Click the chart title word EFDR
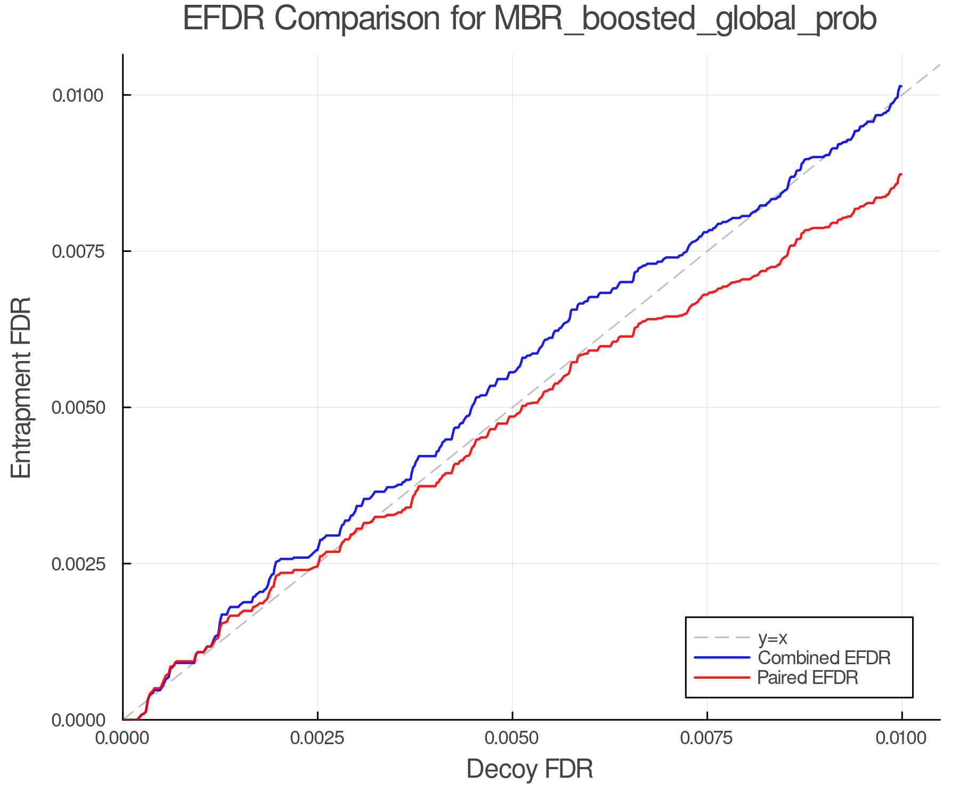223,20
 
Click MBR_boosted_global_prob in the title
685,20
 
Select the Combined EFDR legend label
824,658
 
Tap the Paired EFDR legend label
808,678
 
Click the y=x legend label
773,638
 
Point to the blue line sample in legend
722,658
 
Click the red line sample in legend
722,678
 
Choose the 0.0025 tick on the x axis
318,738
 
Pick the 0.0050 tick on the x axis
512,738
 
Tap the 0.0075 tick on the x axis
707,738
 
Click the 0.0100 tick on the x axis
901,738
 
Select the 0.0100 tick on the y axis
77,96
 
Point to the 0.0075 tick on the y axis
77,251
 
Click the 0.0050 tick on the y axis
77,408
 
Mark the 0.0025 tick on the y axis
77,564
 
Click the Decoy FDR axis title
530,769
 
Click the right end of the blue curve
900,86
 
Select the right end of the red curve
900,175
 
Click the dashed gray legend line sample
722,638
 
